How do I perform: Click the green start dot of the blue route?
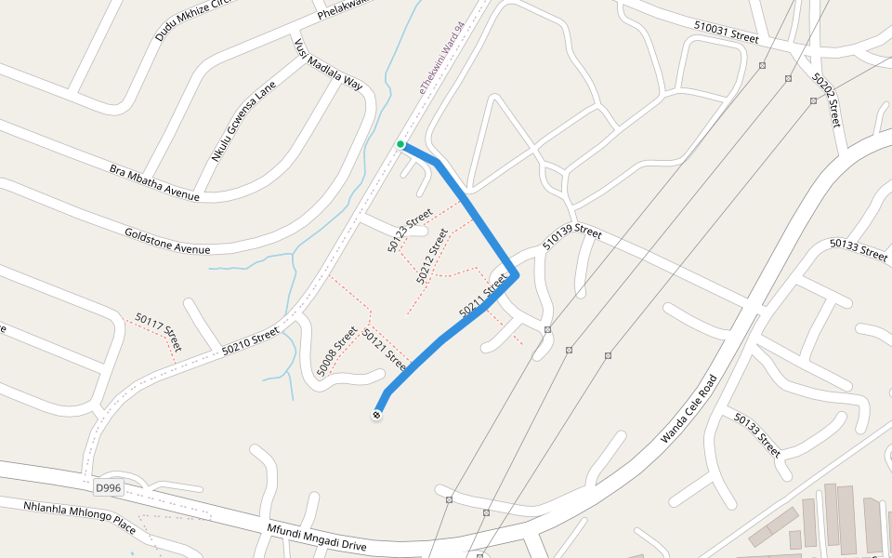click(x=400, y=144)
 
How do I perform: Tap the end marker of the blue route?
click(x=377, y=415)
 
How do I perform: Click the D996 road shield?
click(x=108, y=487)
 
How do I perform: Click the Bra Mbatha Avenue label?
click(x=154, y=182)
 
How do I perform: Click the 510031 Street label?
click(x=727, y=33)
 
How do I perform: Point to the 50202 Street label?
click(x=826, y=100)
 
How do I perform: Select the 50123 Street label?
click(x=410, y=230)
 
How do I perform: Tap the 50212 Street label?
click(x=432, y=255)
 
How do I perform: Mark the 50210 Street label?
click(x=251, y=340)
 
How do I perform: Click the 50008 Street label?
click(x=337, y=351)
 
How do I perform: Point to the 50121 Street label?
click(x=385, y=346)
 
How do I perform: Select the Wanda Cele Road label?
click(x=689, y=408)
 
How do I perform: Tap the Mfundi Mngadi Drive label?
click(x=317, y=538)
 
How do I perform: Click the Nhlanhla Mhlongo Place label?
click(x=79, y=517)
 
